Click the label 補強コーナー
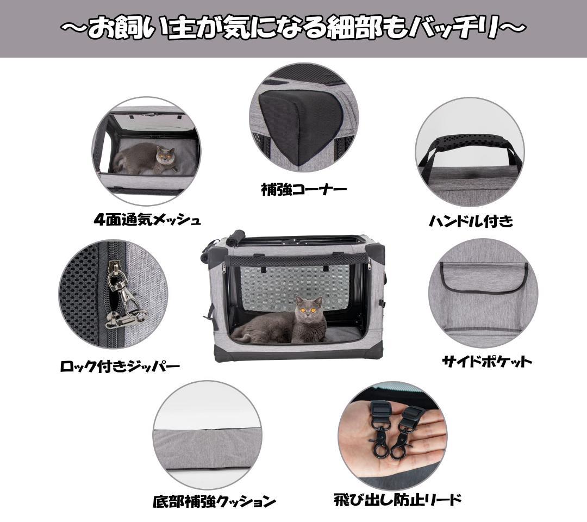[x=303, y=190]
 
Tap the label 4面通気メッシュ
[x=147, y=220]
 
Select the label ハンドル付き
[x=471, y=221]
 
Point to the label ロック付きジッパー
[x=120, y=366]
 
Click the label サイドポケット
[x=486, y=361]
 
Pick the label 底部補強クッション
[x=214, y=501]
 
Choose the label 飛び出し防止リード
[x=398, y=500]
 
